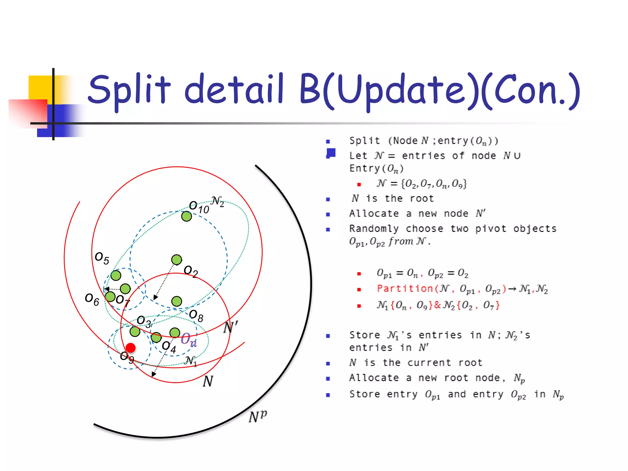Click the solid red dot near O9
point(131,348)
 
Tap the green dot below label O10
point(186,216)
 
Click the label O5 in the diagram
point(102,258)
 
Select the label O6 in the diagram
point(92,299)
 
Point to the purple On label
point(189,340)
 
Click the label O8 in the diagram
point(196,316)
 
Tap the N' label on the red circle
point(230,327)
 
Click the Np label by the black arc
point(258,416)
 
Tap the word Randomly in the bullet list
point(374,229)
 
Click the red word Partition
point(405,289)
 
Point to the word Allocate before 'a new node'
point(374,213)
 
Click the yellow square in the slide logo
point(40,87)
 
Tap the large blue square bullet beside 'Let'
point(331,152)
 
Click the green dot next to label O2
point(177,260)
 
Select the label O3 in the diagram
point(144,322)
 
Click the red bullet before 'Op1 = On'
point(359,274)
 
